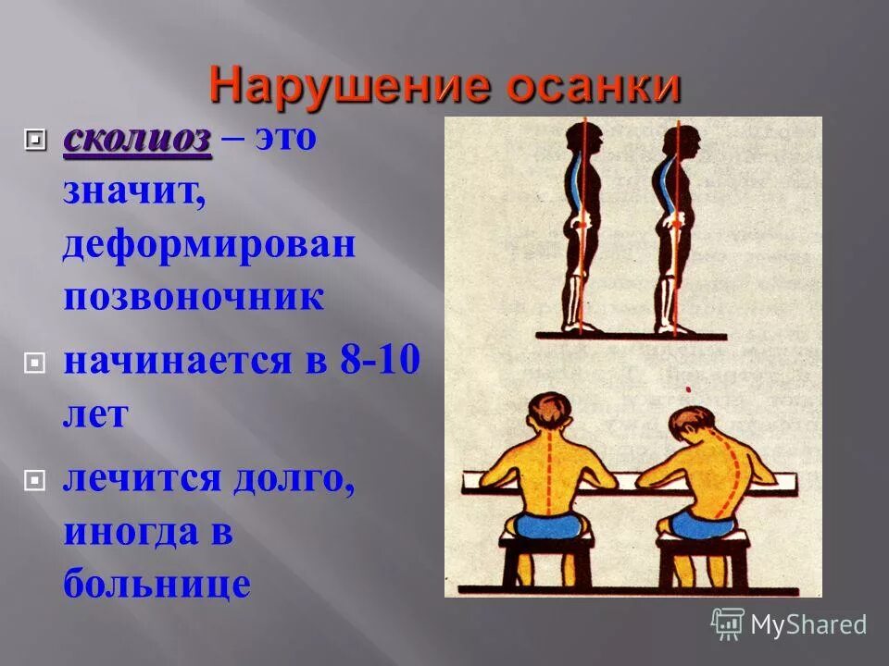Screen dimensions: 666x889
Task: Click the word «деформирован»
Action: (209, 248)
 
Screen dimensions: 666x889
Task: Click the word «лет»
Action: (94, 413)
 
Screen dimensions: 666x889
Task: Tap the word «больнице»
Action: (157, 584)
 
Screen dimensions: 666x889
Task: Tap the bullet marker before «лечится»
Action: (36, 481)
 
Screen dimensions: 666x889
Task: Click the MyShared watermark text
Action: (808, 624)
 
